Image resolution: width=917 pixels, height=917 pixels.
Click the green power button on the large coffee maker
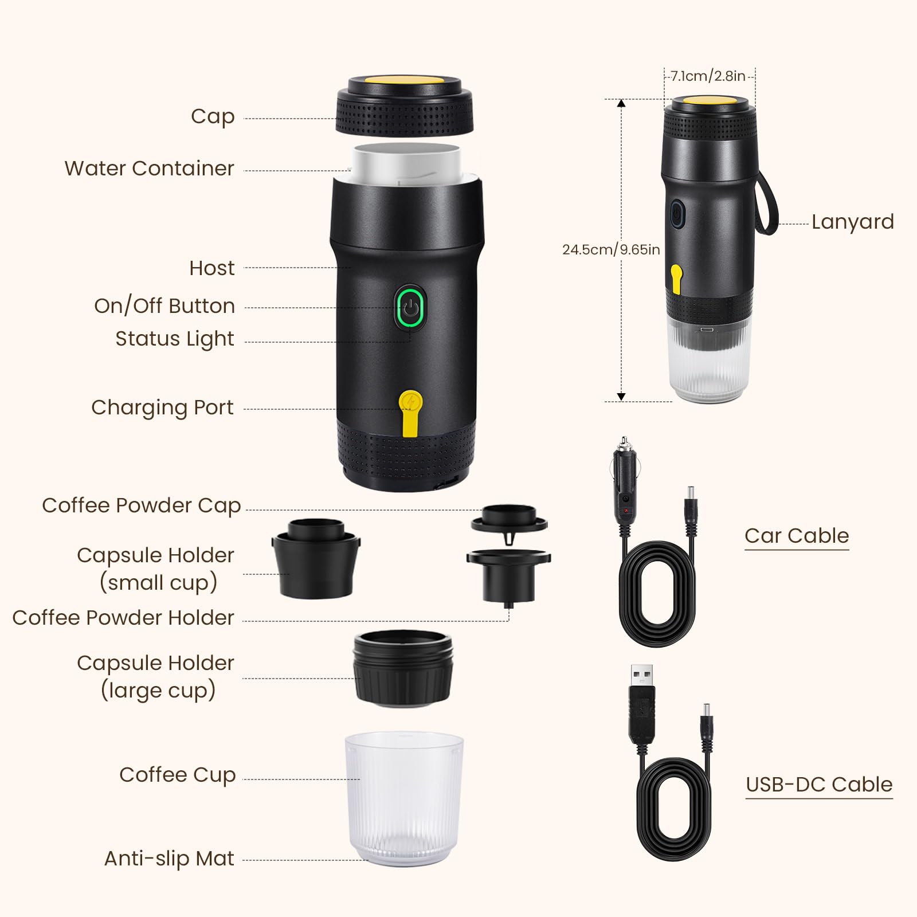[x=410, y=308]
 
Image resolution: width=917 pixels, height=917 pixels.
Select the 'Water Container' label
[x=149, y=168]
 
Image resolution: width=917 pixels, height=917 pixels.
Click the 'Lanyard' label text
[x=852, y=222]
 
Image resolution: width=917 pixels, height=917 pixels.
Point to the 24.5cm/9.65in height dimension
[x=610, y=250]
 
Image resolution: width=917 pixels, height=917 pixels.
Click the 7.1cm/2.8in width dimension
[x=708, y=76]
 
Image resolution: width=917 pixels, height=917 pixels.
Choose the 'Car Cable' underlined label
[x=797, y=536]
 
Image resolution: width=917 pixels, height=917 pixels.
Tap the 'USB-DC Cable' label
[x=819, y=785]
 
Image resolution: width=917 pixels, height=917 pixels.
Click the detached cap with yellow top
[x=405, y=106]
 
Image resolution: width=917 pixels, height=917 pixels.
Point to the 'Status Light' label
[x=174, y=339]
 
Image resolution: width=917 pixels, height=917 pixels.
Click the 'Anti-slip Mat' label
[x=169, y=859]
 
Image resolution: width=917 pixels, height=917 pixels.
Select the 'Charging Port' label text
[x=162, y=407]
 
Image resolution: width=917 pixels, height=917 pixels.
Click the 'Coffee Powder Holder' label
[x=123, y=618]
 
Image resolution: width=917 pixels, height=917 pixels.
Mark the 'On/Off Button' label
[x=164, y=306]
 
